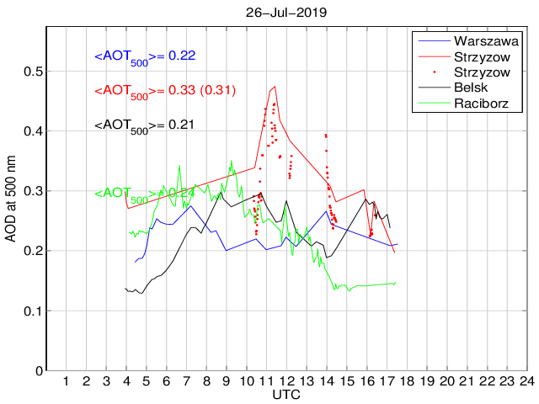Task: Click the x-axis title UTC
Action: coord(286,395)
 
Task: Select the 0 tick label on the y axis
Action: coord(37,371)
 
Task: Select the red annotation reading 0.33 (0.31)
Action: coord(164,91)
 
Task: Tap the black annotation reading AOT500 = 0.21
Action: coord(144,125)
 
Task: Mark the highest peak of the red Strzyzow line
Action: coord(275,86)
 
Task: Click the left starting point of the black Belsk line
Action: coord(125,289)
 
